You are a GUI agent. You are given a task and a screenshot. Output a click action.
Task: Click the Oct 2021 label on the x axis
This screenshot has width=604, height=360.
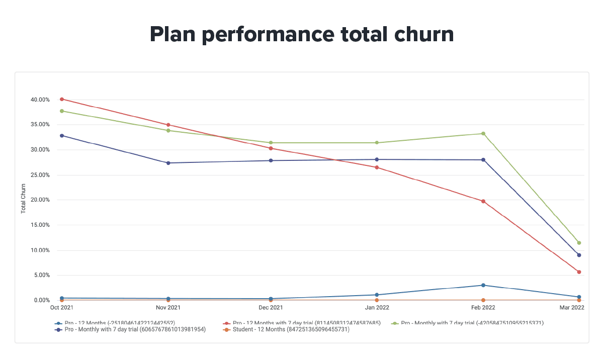62,307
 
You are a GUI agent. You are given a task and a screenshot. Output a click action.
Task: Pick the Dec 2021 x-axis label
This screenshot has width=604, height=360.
271,307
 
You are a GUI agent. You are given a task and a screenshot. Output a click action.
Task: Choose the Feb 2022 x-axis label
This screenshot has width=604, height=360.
483,307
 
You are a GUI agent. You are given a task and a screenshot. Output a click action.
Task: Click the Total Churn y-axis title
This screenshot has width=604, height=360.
24,200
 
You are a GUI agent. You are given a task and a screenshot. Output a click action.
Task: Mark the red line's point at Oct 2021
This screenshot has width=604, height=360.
62,99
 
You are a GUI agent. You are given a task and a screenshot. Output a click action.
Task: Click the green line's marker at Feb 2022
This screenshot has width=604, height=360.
483,134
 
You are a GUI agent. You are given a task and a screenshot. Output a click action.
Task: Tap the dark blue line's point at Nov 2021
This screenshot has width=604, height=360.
168,163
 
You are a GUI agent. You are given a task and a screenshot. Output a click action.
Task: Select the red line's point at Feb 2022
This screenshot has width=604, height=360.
483,201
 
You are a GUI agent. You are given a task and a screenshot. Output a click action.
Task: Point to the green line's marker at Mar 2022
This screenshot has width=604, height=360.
579,243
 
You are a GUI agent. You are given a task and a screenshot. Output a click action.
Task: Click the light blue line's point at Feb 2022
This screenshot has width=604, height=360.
483,285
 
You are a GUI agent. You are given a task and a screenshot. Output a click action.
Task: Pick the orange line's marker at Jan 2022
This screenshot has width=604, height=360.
377,300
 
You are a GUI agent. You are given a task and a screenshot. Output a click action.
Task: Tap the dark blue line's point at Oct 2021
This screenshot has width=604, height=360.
62,136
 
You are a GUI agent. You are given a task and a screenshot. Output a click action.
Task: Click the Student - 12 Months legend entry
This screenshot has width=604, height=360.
286,330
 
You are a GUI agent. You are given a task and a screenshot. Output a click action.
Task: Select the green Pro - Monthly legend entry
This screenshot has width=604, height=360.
468,323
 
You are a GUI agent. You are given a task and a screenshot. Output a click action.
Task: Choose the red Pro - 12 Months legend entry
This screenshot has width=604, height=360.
302,323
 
